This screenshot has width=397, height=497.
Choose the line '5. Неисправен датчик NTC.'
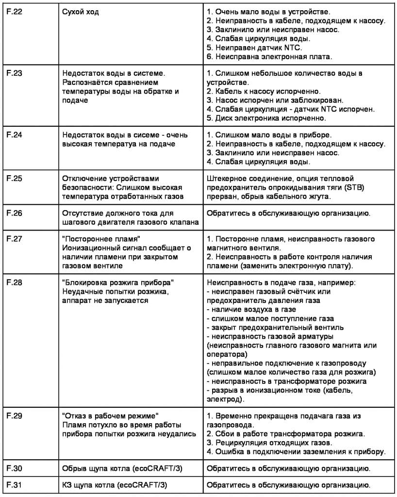[254, 48]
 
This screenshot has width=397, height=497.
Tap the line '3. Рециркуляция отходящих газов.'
[269, 443]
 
